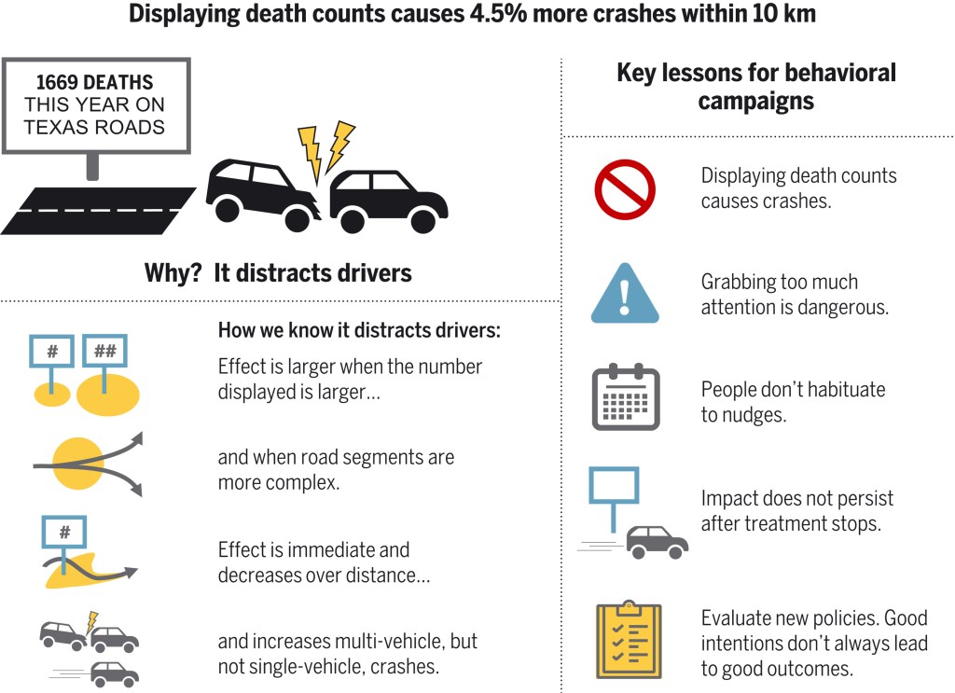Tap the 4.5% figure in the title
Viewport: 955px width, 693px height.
[x=498, y=13]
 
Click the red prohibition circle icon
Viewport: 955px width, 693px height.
[x=625, y=189]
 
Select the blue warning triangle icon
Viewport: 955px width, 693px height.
[x=625, y=294]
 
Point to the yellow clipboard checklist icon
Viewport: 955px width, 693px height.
[x=629, y=640]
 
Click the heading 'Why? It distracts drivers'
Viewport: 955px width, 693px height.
[x=278, y=272]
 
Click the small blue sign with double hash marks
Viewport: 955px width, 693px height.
[x=104, y=351]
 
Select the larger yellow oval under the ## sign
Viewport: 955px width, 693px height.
[x=108, y=395]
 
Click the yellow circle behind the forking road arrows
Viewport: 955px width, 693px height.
[x=78, y=464]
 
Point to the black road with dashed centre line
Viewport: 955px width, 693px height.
[x=98, y=211]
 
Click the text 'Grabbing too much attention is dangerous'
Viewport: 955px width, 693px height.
[x=795, y=294]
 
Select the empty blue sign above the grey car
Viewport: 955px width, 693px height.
[x=614, y=485]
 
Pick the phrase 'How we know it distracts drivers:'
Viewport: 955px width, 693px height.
[x=359, y=330]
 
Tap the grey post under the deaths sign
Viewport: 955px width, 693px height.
[x=92, y=167]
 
